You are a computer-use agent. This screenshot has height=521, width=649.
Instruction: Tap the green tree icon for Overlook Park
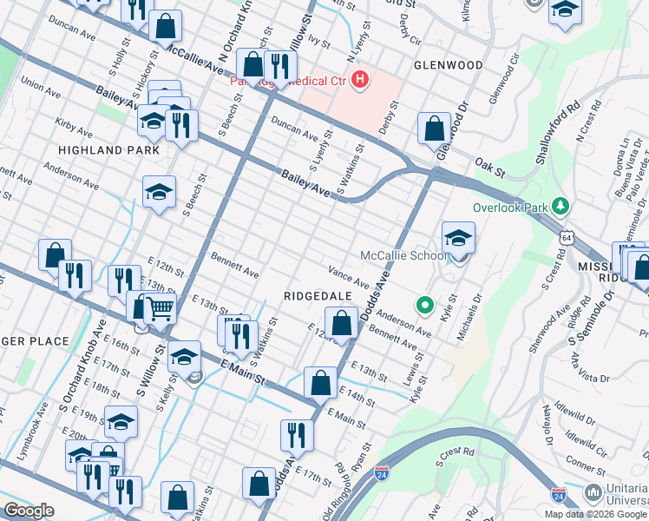pyautogui.click(x=560, y=207)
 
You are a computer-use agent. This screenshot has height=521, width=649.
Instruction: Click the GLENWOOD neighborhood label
pyautogui.click(x=448, y=65)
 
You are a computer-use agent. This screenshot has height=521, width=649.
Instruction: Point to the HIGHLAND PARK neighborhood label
pyautogui.click(x=108, y=150)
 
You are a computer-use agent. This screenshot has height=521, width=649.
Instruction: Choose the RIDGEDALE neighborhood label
pyautogui.click(x=318, y=296)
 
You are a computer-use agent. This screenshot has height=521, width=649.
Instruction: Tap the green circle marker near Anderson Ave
pyautogui.click(x=424, y=305)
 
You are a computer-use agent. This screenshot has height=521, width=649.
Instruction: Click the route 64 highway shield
pyautogui.click(x=566, y=236)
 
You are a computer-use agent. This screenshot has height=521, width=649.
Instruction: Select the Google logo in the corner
pyautogui.click(x=29, y=511)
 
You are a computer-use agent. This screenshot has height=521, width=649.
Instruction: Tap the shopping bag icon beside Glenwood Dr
pyautogui.click(x=434, y=129)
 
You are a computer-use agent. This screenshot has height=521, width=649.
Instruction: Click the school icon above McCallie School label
pyautogui.click(x=458, y=237)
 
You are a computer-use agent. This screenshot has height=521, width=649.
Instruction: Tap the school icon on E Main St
pyautogui.click(x=183, y=356)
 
